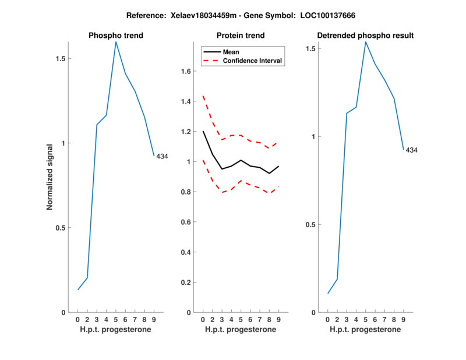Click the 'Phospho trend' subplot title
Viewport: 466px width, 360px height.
pos(115,36)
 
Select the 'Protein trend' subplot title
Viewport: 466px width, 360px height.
pos(241,36)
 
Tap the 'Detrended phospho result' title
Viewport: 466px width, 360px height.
pos(365,36)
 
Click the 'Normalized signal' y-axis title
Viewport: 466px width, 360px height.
pos(50,176)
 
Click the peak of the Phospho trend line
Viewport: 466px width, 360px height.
pos(116,41)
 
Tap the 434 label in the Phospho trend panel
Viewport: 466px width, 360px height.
pos(162,156)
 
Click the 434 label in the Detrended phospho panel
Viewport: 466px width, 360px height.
pos(411,150)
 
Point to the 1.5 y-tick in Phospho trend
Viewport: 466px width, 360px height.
pos(61,58)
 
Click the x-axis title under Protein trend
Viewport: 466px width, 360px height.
pos(241,330)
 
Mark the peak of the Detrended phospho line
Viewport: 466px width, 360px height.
pos(365,41)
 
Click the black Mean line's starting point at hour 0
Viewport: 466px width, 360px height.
pos(203,131)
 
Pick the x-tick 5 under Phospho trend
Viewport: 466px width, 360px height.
pos(116,319)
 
